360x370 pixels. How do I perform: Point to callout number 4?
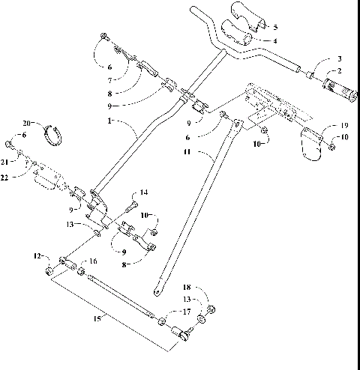click(274, 40)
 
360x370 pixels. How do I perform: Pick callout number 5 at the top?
click(274, 27)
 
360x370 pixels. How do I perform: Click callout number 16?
click(93, 261)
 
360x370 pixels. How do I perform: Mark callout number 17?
click(187, 311)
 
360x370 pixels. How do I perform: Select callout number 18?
click(187, 287)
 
